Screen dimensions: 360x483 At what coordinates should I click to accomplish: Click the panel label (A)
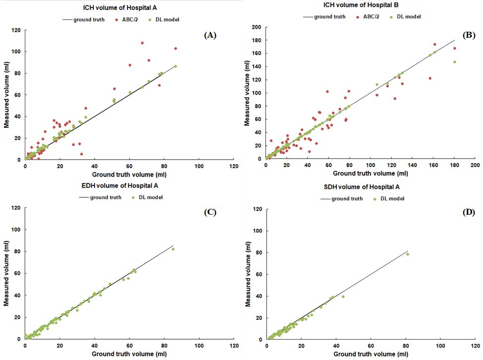[210, 35]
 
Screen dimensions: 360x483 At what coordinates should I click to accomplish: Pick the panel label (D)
[468, 213]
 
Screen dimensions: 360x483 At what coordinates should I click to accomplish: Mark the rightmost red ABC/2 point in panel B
[454, 48]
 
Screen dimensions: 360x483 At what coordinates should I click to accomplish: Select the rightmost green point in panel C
[173, 249]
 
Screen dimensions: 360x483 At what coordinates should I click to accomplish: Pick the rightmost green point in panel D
[408, 254]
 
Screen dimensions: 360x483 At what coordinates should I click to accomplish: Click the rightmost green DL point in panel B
[454, 62]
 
